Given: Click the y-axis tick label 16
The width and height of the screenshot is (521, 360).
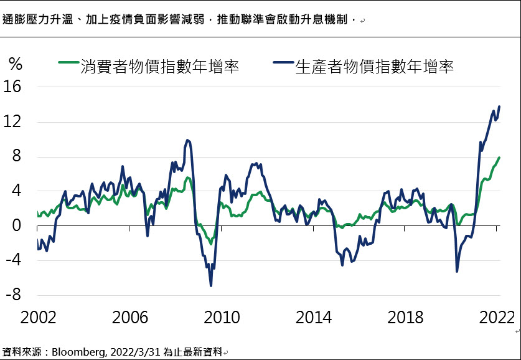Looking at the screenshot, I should coord(13,87).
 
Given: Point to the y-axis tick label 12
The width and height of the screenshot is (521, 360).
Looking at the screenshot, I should coord(13,122).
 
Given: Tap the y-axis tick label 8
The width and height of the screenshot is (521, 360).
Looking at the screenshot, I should coord(16,157).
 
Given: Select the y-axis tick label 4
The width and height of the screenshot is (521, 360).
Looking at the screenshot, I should coord(16,192).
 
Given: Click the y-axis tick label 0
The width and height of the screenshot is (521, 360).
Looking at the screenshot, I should coord(16,227).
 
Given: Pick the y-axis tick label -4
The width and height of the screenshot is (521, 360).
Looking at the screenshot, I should coord(13,261).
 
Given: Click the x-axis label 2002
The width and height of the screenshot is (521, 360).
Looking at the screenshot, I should coord(39,318).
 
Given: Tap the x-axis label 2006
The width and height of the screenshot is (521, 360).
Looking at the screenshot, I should coord(130,318).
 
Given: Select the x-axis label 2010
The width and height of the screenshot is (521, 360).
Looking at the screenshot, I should coord(222,318).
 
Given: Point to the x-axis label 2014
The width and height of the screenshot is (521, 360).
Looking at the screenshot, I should coord(313,318).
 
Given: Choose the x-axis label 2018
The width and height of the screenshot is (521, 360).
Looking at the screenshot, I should coord(405,318).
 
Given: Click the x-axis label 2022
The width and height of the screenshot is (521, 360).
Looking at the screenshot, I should coord(496,318).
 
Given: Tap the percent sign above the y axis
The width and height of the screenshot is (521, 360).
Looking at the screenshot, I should coord(16,65).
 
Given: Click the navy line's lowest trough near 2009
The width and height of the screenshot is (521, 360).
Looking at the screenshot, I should coord(211,285).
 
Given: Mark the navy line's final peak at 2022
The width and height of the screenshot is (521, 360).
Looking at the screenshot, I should coord(499,107).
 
